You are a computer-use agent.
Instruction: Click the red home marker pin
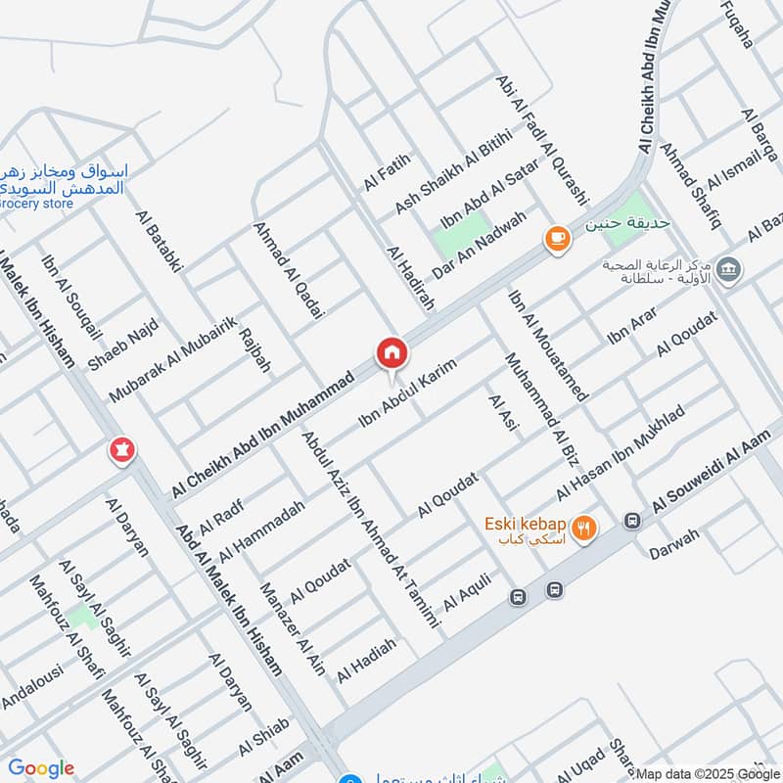[391, 353]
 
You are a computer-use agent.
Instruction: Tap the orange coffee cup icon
[557, 239]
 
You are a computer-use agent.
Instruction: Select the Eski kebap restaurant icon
[584, 529]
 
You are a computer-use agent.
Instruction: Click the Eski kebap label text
[525, 523]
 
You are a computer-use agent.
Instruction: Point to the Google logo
[41, 768]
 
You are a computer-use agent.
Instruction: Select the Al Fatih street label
[385, 171]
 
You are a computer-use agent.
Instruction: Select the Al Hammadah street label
[261, 531]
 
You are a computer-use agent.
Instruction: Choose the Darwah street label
[673, 550]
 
